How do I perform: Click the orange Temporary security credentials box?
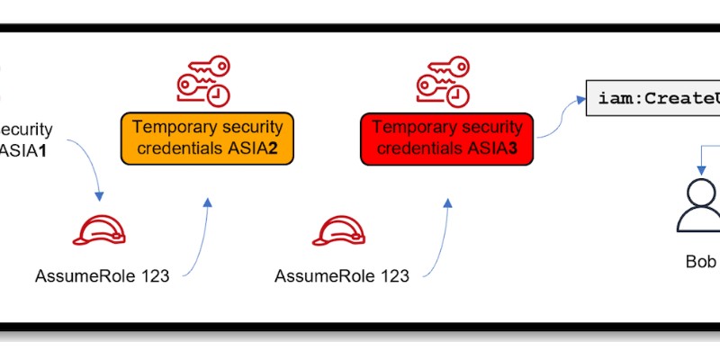tap(208, 139)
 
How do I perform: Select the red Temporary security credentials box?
tap(447, 139)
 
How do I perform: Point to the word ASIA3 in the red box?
tap(494, 148)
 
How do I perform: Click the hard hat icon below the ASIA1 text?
tap(98, 231)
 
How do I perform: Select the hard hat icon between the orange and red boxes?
tap(337, 231)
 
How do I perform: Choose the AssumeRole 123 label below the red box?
tap(342, 275)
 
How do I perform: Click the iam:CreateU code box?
tap(652, 97)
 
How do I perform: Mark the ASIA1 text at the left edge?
tap(24, 148)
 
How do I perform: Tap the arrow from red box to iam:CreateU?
tap(558, 117)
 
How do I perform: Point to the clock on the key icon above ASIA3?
tap(458, 94)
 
